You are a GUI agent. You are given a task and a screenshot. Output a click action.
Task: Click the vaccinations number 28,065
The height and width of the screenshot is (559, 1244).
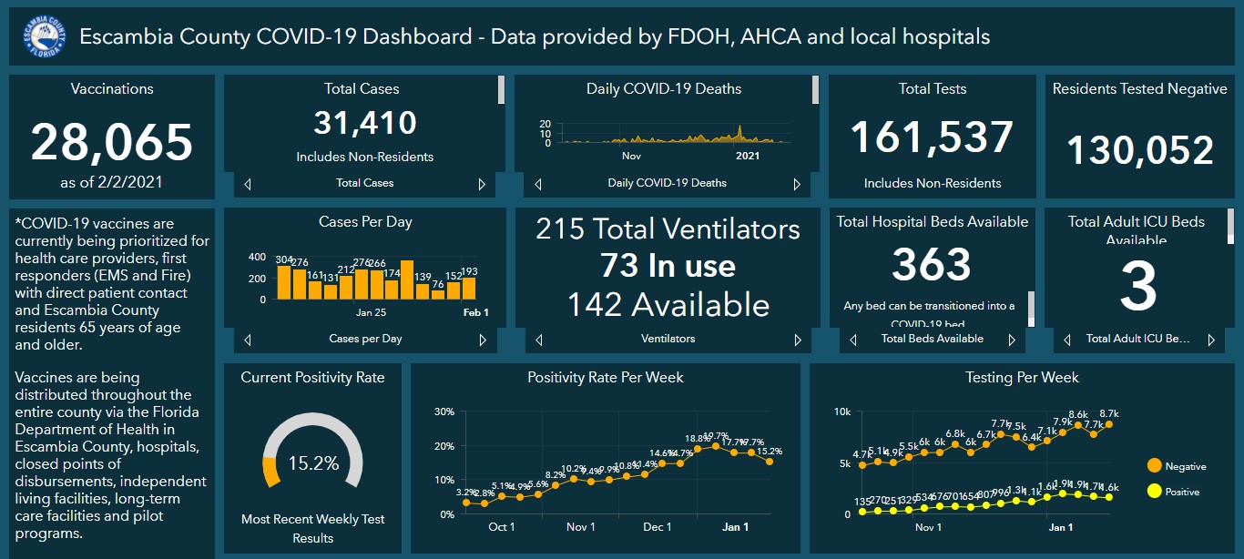click(112, 142)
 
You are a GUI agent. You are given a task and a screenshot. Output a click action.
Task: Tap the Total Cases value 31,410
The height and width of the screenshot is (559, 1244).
click(364, 123)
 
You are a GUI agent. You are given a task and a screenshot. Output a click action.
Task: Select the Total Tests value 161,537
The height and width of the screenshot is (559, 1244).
click(932, 137)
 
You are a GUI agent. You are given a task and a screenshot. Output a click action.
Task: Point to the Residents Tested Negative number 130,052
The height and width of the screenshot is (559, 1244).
click(1139, 150)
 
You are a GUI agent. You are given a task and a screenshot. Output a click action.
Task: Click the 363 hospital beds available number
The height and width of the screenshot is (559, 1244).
click(932, 265)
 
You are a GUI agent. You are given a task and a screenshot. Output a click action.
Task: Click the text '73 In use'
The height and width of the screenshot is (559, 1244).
click(668, 266)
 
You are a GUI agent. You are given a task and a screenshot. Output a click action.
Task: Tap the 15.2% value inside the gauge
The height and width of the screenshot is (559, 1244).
click(312, 463)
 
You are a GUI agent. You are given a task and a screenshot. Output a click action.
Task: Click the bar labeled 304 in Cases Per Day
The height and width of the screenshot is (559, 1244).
click(284, 282)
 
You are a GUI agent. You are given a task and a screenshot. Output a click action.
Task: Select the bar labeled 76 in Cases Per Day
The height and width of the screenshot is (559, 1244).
click(438, 294)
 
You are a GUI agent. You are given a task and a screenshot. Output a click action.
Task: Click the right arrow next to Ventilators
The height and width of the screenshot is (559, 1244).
click(797, 340)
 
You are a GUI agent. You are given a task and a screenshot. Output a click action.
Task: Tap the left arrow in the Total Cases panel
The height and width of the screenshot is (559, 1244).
click(248, 184)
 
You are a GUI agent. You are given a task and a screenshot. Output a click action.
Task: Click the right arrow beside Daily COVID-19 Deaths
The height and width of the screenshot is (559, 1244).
click(797, 184)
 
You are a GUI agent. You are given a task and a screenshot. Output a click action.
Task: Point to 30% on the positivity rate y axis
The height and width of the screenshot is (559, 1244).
click(444, 412)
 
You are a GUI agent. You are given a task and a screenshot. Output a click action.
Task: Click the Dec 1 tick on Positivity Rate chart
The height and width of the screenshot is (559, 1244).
click(657, 527)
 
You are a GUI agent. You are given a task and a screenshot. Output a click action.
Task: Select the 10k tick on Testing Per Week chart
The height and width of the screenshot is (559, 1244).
click(842, 412)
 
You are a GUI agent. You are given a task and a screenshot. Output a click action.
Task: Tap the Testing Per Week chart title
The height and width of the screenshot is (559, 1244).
click(1022, 377)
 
